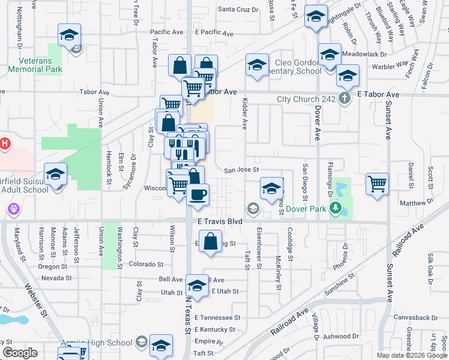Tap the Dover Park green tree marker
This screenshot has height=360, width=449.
pos(336,209)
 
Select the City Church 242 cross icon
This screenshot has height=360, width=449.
pos(345,99)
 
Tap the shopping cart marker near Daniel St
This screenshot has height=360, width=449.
pos(376,184)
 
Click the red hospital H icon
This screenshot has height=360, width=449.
pos(5,144)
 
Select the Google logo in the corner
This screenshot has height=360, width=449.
pos(20,353)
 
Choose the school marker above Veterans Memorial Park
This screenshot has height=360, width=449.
pos(69,35)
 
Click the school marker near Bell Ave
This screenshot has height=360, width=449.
pos(196,286)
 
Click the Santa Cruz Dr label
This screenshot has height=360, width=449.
pos(238,10)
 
